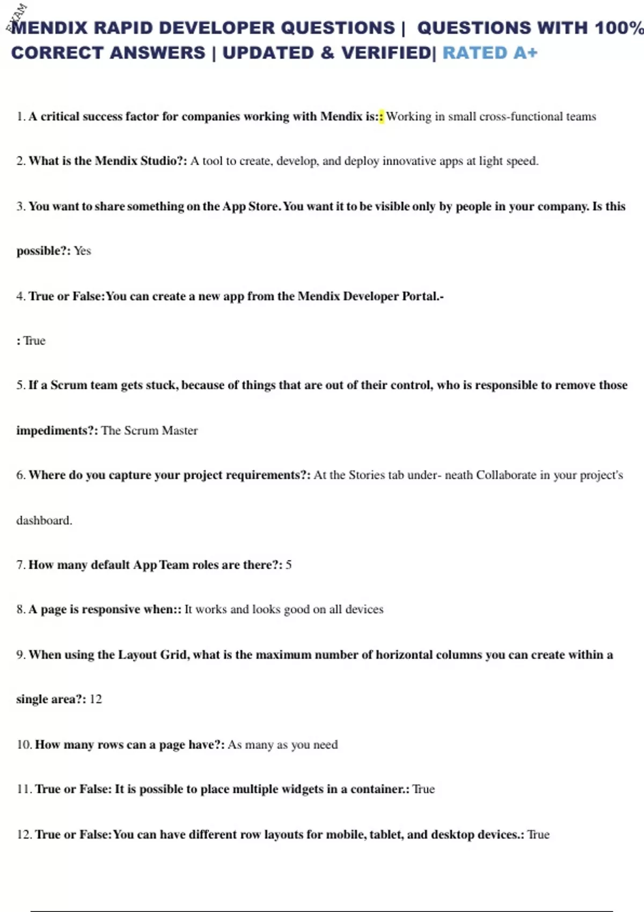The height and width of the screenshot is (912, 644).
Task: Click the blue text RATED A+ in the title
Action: pos(489,53)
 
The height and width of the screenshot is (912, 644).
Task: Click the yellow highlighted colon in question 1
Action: pos(382,116)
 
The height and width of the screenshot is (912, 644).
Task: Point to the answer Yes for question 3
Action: pos(82,251)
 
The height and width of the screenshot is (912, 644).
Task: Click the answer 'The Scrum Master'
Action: pos(149,431)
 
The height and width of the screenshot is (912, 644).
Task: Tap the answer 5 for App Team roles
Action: pos(289,565)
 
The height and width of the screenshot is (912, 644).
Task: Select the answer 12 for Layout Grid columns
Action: pos(96,699)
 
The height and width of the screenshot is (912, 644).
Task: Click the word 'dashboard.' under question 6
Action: pos(44,520)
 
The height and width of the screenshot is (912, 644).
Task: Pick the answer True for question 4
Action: pos(34,341)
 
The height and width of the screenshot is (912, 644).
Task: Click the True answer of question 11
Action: pos(423,789)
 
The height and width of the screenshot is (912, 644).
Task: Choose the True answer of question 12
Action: pos(538,835)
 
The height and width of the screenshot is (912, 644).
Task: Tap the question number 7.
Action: pos(20,565)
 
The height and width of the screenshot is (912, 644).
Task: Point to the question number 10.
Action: pos(24,745)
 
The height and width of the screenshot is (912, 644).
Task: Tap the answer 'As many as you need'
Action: pos(283,745)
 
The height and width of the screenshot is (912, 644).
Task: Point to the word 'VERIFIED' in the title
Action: pos(386,53)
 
